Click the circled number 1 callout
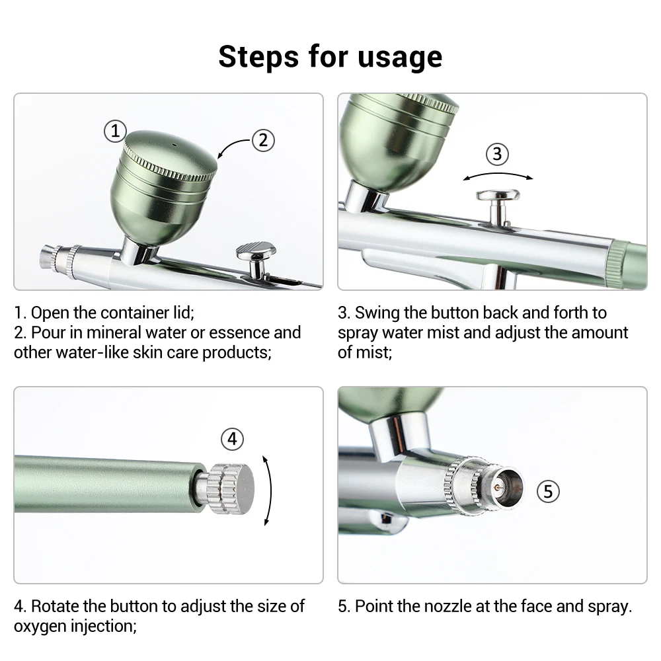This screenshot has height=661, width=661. [x=115, y=131]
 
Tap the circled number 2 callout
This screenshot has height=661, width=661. [x=263, y=140]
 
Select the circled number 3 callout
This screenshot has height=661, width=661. [x=497, y=154]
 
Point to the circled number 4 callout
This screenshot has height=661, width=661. [x=232, y=439]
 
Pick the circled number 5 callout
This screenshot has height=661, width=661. [x=548, y=491]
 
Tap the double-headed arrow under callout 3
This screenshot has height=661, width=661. [x=498, y=174]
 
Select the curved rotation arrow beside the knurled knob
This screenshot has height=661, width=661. [x=270, y=490]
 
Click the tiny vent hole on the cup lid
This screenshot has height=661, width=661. [x=174, y=145]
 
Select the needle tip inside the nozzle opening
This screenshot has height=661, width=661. [x=498, y=487]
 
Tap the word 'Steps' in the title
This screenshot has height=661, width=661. [x=258, y=56]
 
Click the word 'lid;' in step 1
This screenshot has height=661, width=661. [x=184, y=313]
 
